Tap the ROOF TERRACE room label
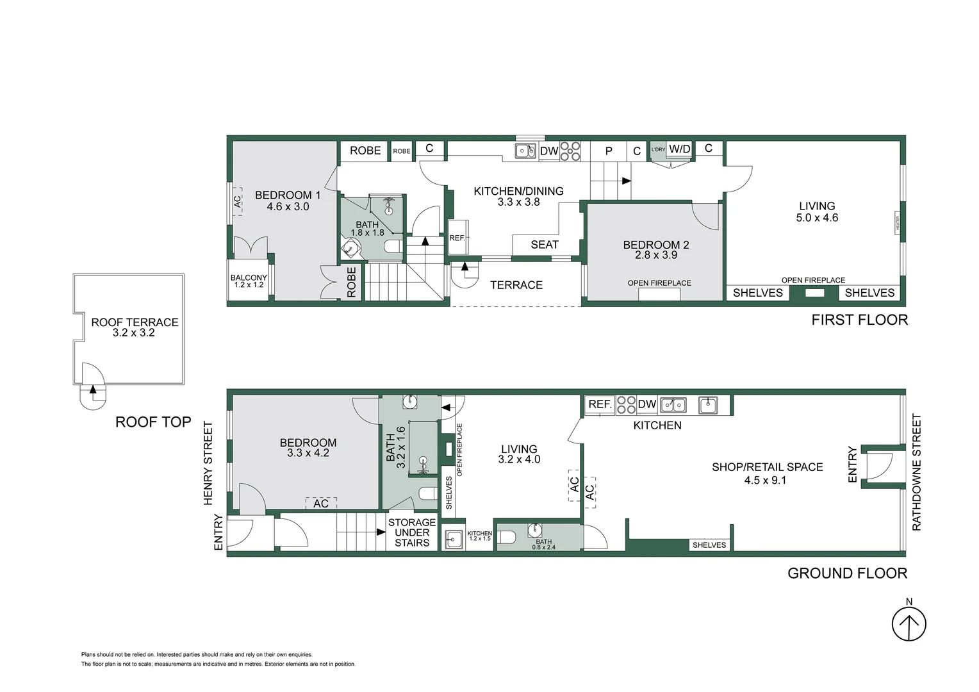point(135,322)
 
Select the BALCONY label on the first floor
point(249,277)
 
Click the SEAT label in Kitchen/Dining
point(545,244)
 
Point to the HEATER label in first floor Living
point(898,224)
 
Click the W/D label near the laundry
point(680,149)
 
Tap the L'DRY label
point(658,149)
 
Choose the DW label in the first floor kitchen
point(549,151)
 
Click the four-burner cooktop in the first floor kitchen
point(570,151)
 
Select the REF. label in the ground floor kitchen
point(600,404)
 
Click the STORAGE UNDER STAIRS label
point(412,532)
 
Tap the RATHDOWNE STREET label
point(916,472)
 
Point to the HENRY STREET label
point(208,463)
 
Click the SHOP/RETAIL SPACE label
point(768,467)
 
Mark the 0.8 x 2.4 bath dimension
point(544,547)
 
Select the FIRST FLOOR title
point(860,320)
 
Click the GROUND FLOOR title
point(848,573)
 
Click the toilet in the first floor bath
point(393,247)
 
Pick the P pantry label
point(609,151)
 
